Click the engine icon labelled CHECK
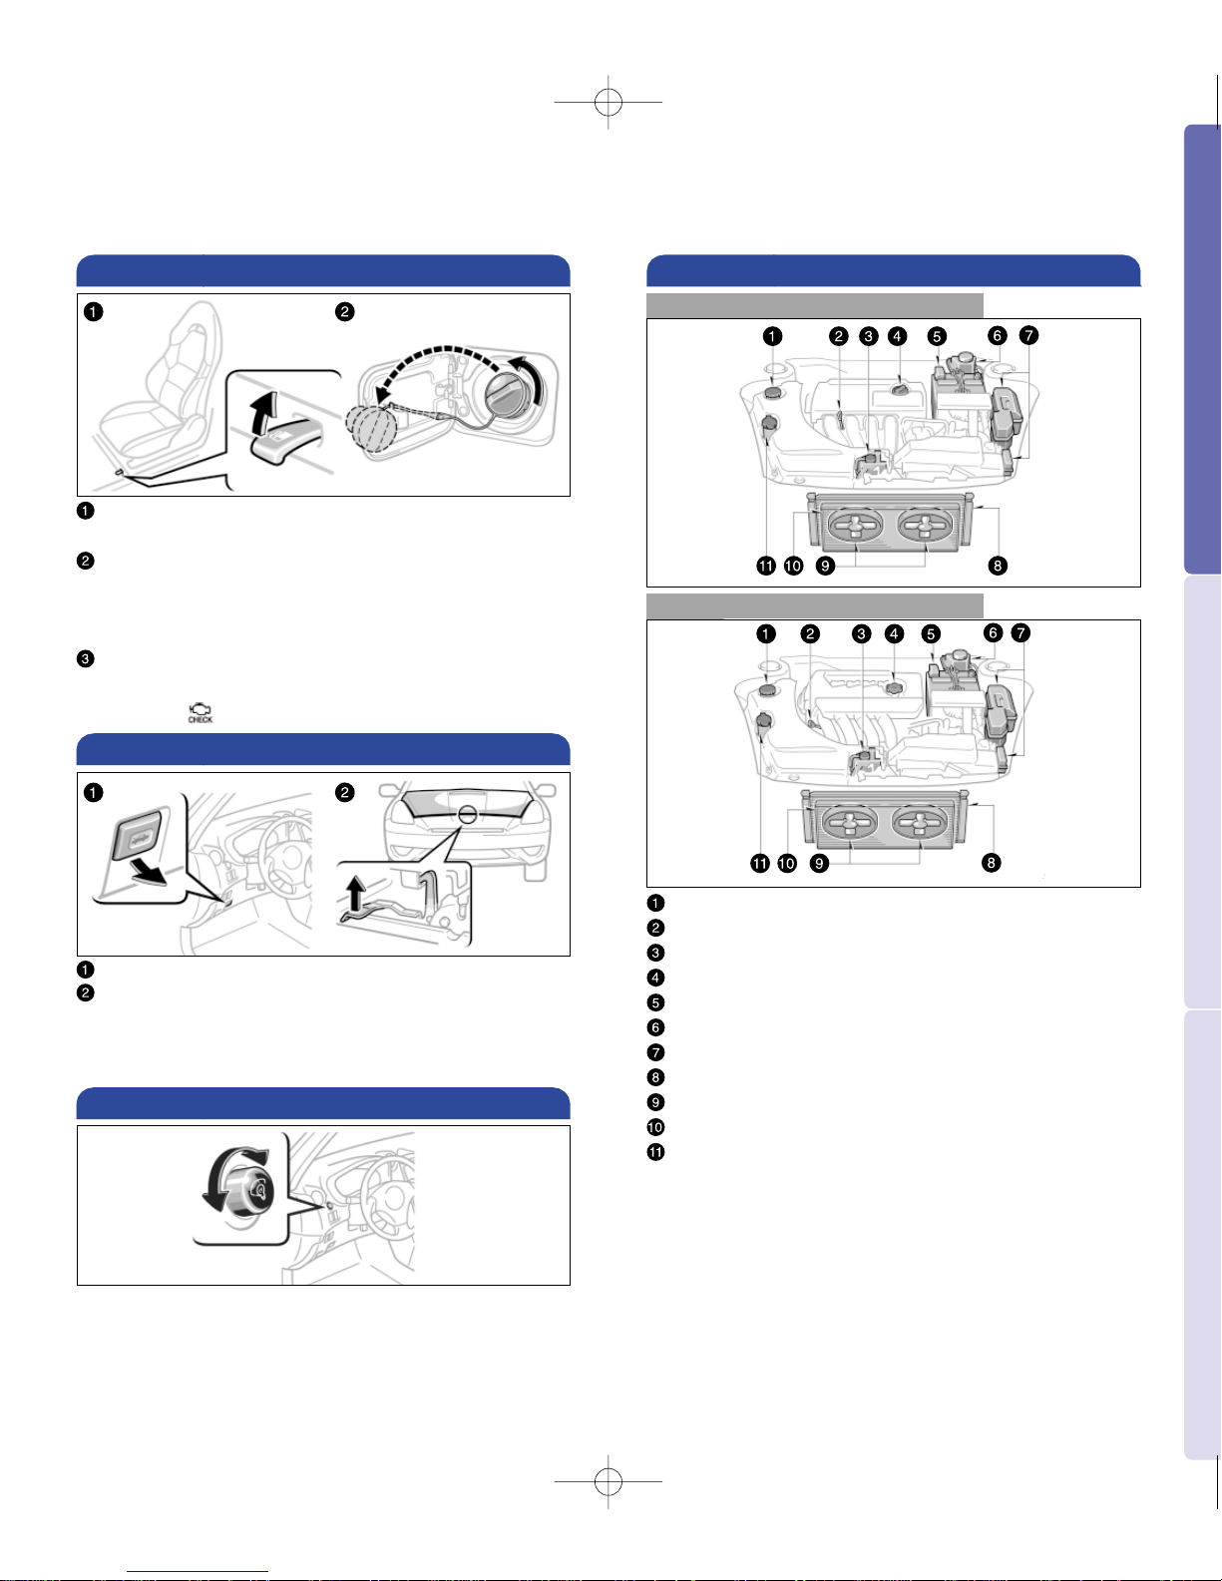201,712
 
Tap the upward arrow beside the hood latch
355,894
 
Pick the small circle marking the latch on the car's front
468,814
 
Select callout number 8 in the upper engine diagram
998,566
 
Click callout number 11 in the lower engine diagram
759,863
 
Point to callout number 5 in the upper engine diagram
937,336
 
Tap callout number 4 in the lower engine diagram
894,633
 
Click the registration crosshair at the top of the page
609,102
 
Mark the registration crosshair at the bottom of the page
609,1481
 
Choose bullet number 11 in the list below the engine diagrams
655,1152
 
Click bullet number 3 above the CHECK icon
85,658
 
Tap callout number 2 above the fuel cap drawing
345,311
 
